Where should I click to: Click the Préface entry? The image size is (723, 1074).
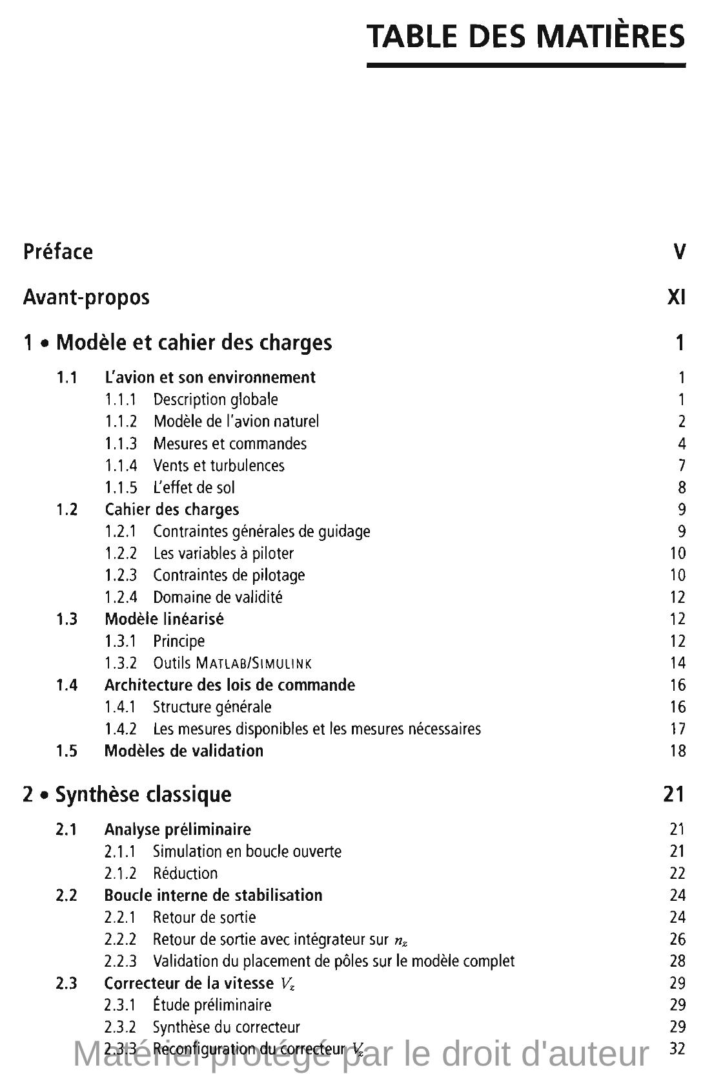pos(58,251)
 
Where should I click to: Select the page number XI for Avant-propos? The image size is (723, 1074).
pos(676,297)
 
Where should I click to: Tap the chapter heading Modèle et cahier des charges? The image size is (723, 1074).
pos(194,342)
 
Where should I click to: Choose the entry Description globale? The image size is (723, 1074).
pos(216,399)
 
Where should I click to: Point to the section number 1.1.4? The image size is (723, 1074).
pos(121,465)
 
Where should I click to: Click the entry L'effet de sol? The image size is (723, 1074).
pos(194,487)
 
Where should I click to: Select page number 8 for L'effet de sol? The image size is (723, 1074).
pos(682,487)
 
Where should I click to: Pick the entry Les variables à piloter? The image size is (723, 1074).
pos(223,553)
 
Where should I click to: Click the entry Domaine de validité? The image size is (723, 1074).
pos(218,597)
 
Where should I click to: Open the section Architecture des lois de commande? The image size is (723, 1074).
pos(229,685)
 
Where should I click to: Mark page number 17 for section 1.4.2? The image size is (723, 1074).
pos(677,729)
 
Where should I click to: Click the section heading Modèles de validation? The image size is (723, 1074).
pos(184,751)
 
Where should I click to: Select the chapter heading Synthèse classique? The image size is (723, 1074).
pos(143,794)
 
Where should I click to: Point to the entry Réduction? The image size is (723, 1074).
pos(185,874)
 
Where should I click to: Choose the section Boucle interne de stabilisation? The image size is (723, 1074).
pos(213,896)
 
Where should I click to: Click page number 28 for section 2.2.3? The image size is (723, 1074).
pos(677,962)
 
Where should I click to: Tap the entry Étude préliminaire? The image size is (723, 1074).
pos(212,1006)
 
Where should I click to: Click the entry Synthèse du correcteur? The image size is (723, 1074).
pos(226,1027)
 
